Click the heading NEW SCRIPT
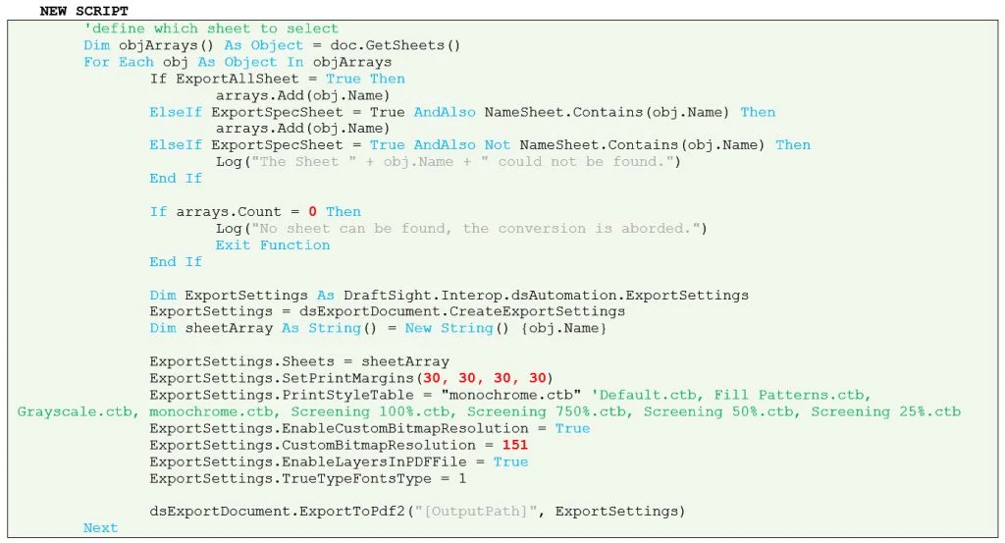pos(83,11)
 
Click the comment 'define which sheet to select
pos(211,28)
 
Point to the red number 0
pos(312,211)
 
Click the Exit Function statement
pos(273,244)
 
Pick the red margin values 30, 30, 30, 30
pos(487,378)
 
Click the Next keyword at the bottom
pos(100,527)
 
